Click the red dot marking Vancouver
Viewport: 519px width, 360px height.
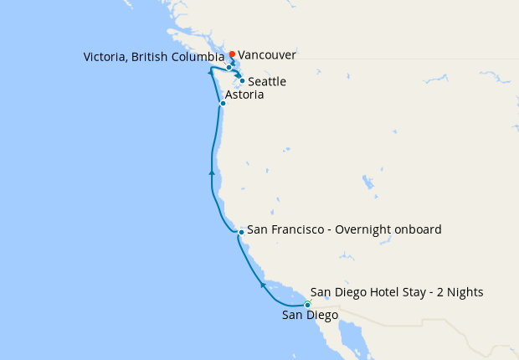click(x=232, y=54)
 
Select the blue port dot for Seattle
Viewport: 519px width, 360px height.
click(x=242, y=81)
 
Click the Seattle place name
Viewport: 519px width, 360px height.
click(x=267, y=82)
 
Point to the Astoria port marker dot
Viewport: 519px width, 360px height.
click(x=223, y=104)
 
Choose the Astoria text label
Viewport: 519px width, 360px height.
click(x=244, y=95)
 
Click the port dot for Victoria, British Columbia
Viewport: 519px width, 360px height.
click(x=229, y=67)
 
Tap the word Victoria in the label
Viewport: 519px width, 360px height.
click(x=105, y=57)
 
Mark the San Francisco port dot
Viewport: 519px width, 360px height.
click(x=241, y=231)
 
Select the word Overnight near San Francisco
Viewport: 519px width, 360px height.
click(x=365, y=229)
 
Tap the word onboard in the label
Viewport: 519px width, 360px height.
click(x=419, y=229)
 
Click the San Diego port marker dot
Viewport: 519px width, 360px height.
click(x=307, y=304)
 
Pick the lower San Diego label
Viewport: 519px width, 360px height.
click(x=310, y=316)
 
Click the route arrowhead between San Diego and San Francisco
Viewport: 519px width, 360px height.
click(x=263, y=285)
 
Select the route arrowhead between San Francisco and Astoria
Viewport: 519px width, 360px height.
click(x=212, y=172)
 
